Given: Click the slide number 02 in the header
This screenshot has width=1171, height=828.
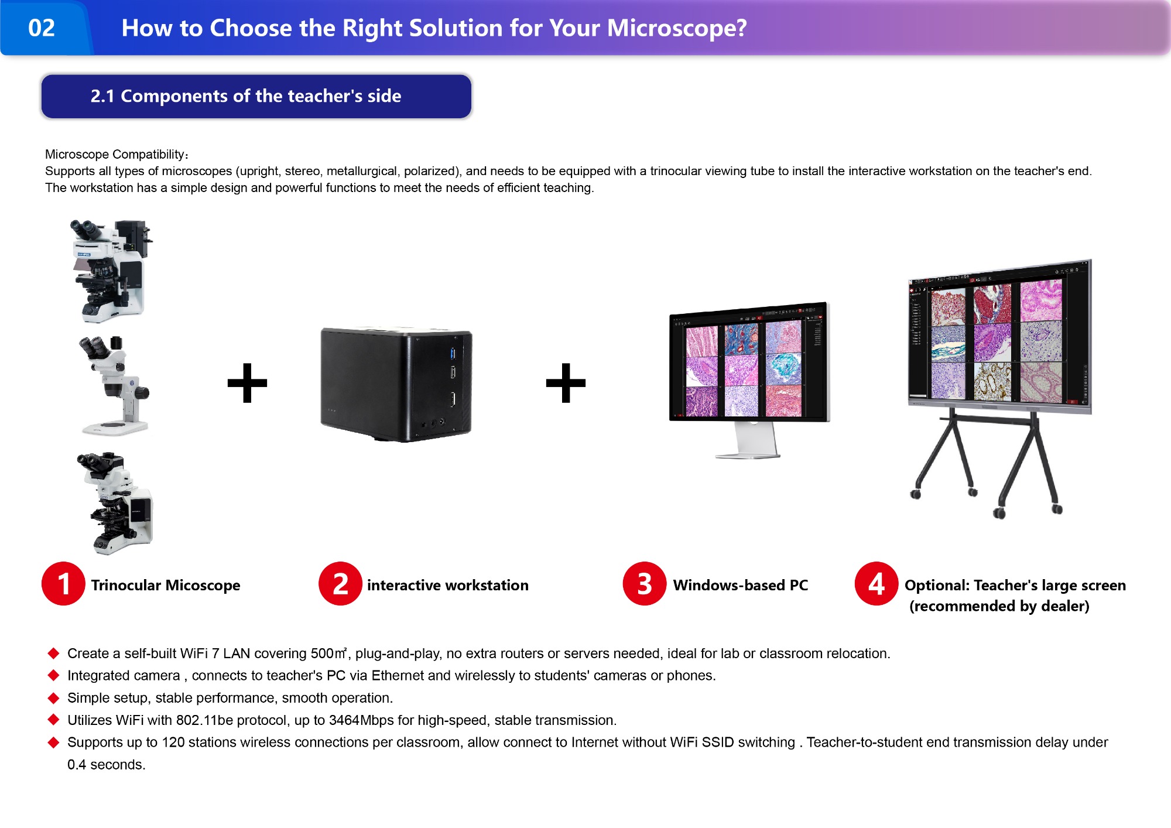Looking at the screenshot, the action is click(x=42, y=28).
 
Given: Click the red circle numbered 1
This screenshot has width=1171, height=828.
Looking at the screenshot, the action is click(x=63, y=584).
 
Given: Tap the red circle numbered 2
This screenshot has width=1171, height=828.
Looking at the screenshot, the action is click(x=340, y=584).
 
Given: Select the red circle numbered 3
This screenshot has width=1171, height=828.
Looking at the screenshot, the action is click(x=645, y=584).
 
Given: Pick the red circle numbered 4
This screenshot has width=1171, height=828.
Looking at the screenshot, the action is click(x=876, y=584).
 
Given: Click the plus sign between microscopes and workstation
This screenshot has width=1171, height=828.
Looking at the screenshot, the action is click(x=247, y=383).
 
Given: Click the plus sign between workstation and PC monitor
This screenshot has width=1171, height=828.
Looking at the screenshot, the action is click(x=566, y=383).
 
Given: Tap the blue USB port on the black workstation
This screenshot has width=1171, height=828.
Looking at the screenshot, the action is click(x=453, y=353).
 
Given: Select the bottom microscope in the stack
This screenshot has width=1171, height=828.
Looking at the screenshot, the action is click(x=115, y=503).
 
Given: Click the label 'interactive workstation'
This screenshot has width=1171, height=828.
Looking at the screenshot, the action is click(x=448, y=585).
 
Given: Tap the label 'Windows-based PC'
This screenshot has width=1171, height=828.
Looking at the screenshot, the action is click(x=741, y=585).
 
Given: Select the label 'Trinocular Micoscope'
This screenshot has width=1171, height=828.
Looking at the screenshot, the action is click(x=166, y=585).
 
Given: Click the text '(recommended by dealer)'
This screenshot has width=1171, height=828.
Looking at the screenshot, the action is click(x=999, y=606).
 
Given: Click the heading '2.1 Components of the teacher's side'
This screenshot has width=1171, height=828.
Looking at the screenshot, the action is click(x=246, y=96).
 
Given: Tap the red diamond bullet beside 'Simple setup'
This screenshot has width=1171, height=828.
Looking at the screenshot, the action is click(x=54, y=697).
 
